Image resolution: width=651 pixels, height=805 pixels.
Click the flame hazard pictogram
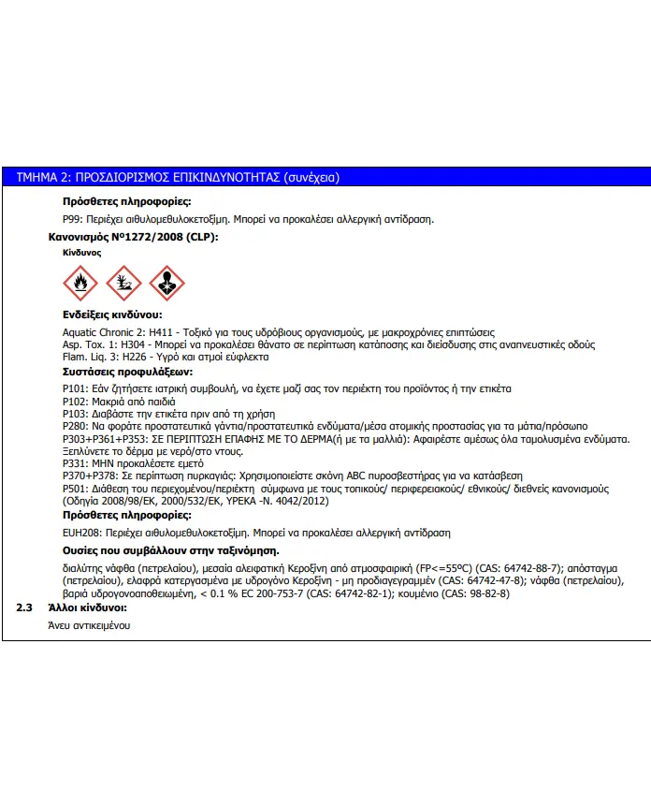click(80, 281)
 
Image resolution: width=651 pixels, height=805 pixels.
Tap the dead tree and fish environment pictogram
click(123, 281)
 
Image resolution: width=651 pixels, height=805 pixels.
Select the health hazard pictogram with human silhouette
click(166, 281)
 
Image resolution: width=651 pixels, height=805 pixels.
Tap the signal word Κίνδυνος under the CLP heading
click(82, 253)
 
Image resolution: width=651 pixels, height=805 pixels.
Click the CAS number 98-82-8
click(484, 593)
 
